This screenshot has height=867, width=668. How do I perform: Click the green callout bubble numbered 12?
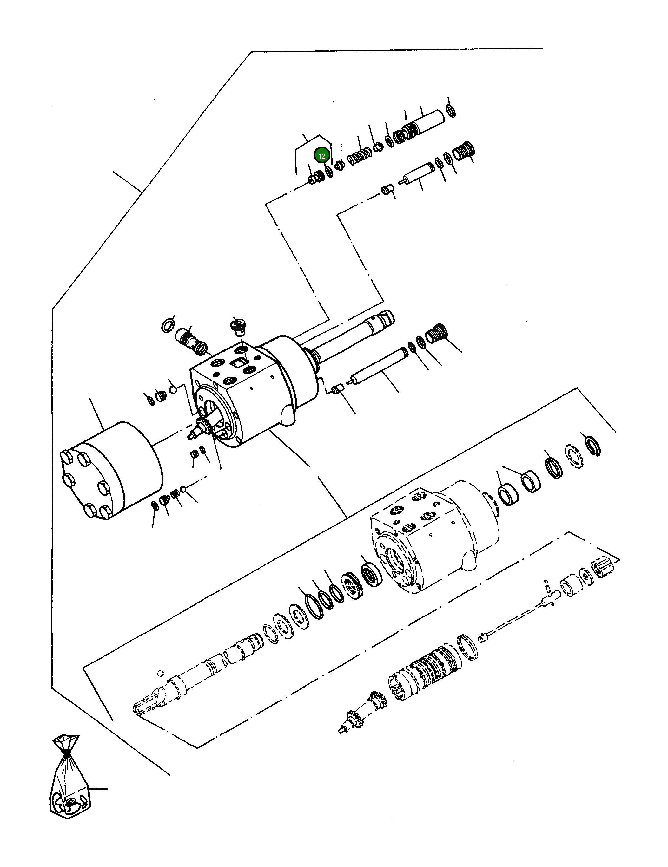pyautogui.click(x=321, y=156)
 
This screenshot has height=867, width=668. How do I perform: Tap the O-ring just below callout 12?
pyautogui.click(x=329, y=172)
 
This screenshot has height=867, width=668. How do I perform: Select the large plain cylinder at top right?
pyautogui.click(x=431, y=121)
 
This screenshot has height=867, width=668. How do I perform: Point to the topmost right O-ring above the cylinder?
pyautogui.click(x=451, y=111)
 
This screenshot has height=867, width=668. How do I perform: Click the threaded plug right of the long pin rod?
pyautogui.click(x=437, y=333)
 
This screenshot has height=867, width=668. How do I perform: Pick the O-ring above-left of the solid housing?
pyautogui.click(x=169, y=325)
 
